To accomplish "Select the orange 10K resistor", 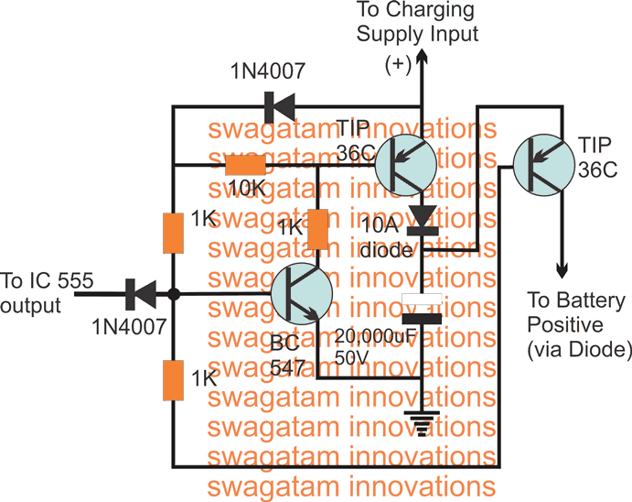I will pyautogui.click(x=245, y=165).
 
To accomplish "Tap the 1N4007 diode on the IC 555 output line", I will pyautogui.click(x=140, y=294).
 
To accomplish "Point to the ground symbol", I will pyautogui.click(x=421, y=422).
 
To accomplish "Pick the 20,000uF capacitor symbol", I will pyautogui.click(x=422, y=310).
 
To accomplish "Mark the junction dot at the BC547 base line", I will pyautogui.click(x=174, y=294).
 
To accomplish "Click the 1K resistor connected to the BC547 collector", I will pyautogui.click(x=317, y=230).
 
